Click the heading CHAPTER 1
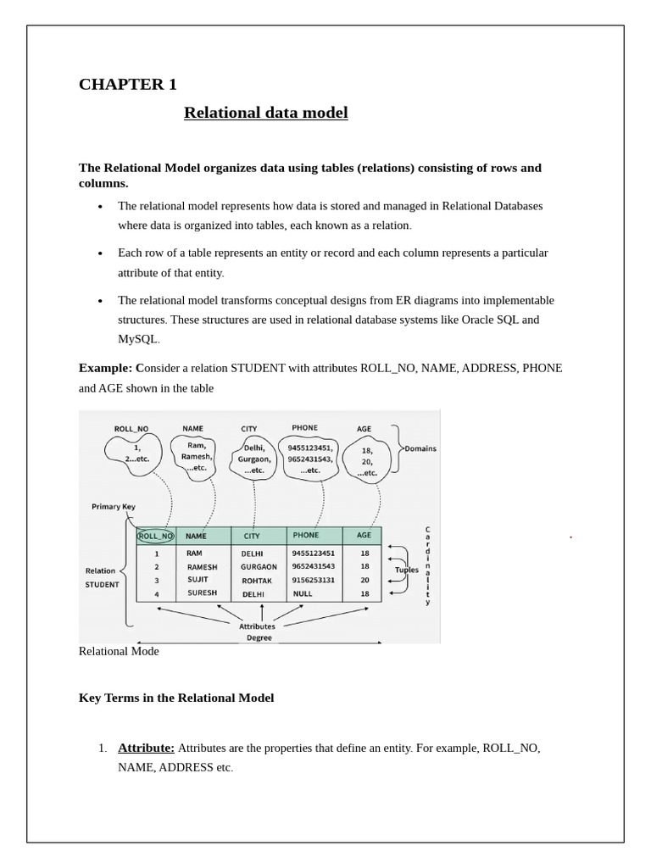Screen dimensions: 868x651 pos(127,84)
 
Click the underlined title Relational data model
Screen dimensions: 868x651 pos(265,113)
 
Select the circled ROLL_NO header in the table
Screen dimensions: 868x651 pos(155,536)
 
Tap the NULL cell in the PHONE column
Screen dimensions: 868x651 pos(303,594)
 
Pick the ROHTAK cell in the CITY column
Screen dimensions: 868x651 pos(257,581)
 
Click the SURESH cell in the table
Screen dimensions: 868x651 pos(202,593)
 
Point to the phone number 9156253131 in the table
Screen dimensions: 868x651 pos(313,581)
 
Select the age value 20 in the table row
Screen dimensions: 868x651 pos(364,581)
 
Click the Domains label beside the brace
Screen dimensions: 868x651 pos(420,448)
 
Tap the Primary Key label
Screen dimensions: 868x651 pos(114,507)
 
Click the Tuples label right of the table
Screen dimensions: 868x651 pos(407,570)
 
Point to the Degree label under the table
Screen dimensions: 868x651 pos(259,637)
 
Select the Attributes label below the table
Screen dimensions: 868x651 pos(257,626)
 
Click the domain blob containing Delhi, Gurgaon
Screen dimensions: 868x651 pos(254,459)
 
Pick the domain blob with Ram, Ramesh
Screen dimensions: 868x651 pos(196,456)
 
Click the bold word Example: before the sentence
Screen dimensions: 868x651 pos(105,368)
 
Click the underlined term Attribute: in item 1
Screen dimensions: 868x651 pos(146,748)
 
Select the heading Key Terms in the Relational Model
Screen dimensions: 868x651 pos(176,698)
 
